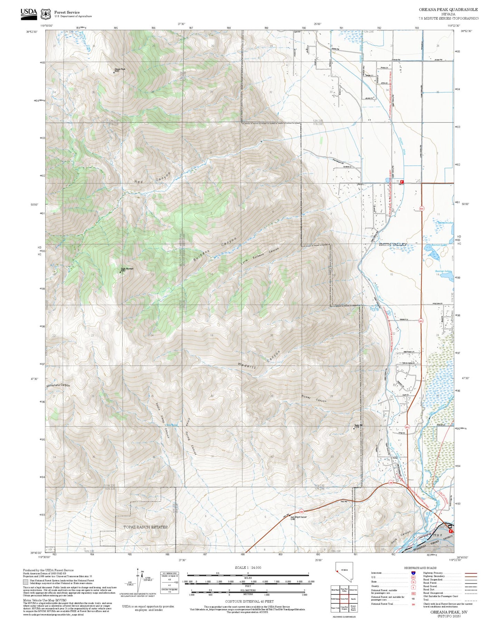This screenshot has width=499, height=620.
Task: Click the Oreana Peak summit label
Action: (119, 69)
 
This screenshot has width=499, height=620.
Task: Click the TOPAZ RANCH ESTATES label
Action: (145, 527)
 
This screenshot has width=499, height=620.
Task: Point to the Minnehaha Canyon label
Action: (58, 385)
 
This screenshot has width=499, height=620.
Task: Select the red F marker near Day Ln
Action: (402, 181)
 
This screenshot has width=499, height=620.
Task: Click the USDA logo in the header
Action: (29, 12)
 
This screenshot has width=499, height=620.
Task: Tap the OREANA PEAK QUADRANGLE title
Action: (448, 10)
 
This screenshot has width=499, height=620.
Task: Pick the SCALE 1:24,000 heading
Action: (248, 567)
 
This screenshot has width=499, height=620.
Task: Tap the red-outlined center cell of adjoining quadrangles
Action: (344, 599)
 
